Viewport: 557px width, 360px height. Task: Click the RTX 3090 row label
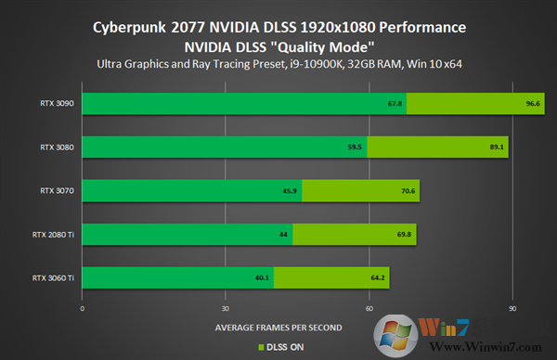58,103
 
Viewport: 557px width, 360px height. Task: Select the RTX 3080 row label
58,147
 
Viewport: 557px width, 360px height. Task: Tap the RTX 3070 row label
58,190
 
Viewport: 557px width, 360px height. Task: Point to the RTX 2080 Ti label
54,234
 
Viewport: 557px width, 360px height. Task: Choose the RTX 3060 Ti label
54,277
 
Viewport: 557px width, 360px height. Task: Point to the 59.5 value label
354,148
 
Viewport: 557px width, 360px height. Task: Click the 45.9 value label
289,191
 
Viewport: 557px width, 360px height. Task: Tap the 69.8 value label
404,235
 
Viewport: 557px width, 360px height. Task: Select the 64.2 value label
378,278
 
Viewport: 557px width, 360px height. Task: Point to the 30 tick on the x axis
226,307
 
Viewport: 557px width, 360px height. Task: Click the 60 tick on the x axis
369,307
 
